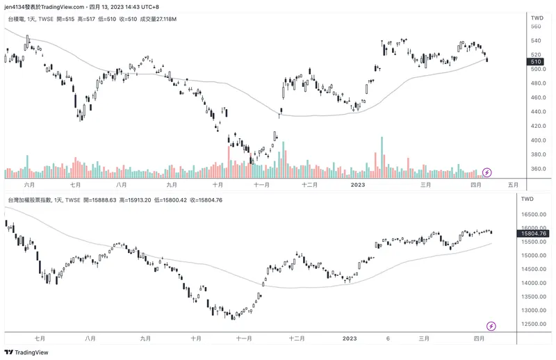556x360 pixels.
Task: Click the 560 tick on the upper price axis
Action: coord(536,26)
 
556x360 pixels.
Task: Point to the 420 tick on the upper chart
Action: coord(536,126)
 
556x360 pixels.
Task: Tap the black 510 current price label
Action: coord(536,62)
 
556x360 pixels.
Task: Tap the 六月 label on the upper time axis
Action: coord(28,185)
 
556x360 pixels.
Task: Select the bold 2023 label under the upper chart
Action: coord(357,185)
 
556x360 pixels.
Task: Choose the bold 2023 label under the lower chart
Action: coord(350,338)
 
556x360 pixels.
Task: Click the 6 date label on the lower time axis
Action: coord(388,338)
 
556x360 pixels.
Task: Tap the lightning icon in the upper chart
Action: coord(487,171)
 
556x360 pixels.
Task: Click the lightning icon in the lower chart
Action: coord(491,325)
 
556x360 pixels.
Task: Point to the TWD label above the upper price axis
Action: coord(537,17)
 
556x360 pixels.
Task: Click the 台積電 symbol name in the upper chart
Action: coord(18,19)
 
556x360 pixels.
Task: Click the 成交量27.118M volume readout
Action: coord(158,19)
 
